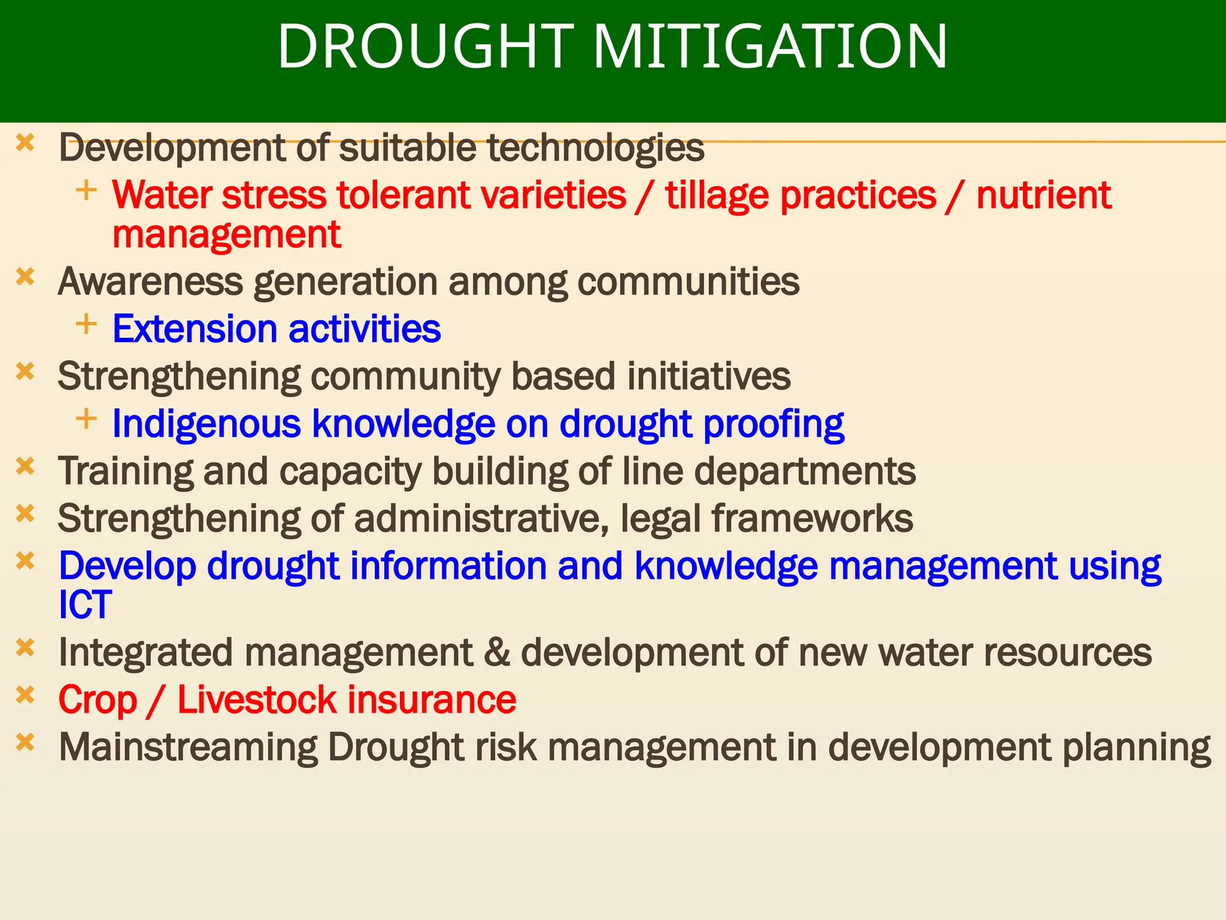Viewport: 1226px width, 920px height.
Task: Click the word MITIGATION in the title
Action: point(770,47)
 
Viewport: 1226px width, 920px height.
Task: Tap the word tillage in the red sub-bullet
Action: point(717,195)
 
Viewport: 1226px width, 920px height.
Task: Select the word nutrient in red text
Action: point(1043,195)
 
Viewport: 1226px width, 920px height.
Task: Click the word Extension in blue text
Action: point(195,329)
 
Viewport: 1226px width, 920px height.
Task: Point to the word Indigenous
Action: point(206,425)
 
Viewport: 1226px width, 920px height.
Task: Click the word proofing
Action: point(773,425)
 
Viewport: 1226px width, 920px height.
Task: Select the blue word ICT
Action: point(85,604)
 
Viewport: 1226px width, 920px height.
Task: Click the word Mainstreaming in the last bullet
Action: point(188,747)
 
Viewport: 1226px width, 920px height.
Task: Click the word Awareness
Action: point(150,282)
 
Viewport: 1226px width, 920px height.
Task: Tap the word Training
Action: point(125,471)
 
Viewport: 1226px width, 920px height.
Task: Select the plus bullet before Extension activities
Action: point(86,324)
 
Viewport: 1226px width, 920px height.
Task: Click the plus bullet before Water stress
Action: point(86,190)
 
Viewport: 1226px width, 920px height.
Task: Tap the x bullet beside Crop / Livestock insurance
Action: point(25,695)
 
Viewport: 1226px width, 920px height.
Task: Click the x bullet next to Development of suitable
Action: point(25,143)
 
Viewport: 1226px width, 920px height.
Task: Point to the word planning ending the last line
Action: point(1137,747)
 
